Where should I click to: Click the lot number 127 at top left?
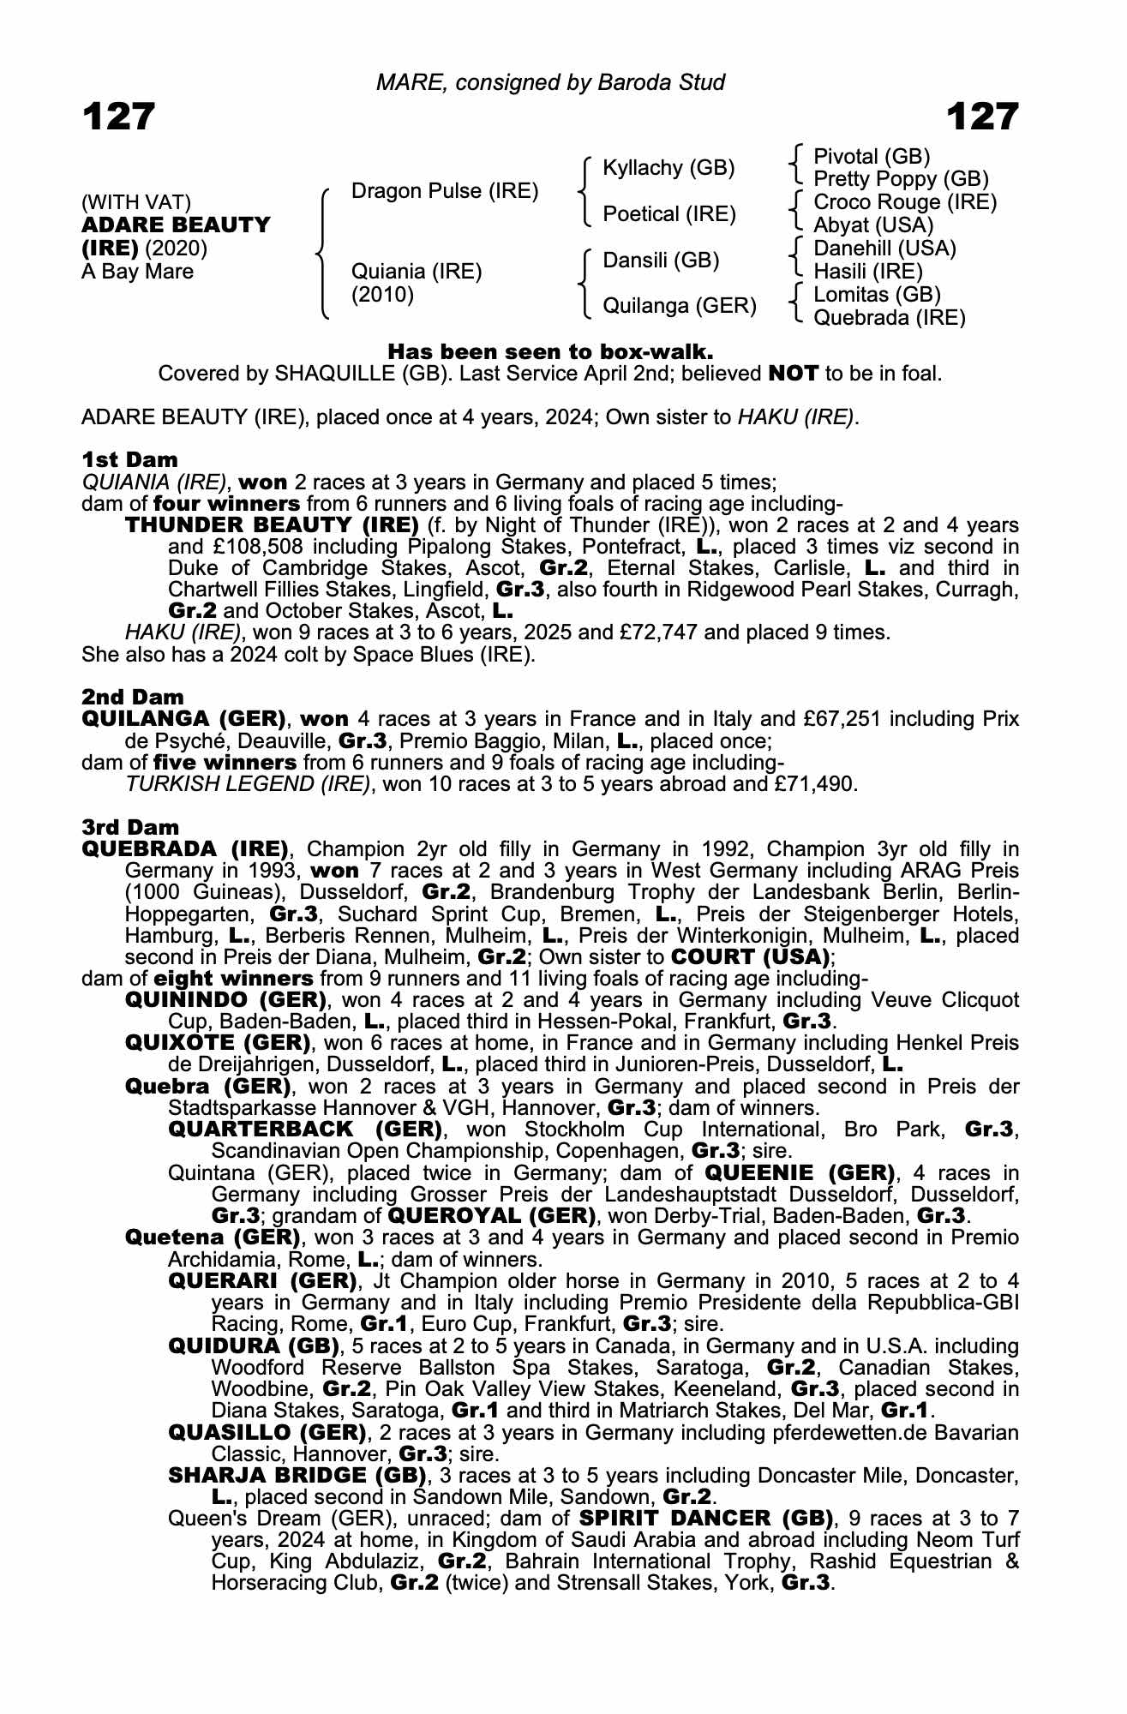tap(118, 117)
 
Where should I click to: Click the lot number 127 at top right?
tap(982, 117)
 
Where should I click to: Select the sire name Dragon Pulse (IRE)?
tap(445, 191)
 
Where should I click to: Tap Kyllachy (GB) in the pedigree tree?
tap(668, 168)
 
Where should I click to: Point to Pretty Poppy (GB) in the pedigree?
tap(901, 179)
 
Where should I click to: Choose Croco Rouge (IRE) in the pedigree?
tap(905, 202)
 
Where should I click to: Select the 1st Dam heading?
tap(129, 459)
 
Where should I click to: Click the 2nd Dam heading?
tap(132, 697)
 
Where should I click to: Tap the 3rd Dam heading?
tap(130, 827)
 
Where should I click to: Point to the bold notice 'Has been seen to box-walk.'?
tap(551, 351)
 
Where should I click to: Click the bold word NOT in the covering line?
tap(794, 375)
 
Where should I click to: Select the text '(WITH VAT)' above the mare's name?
tap(136, 203)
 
